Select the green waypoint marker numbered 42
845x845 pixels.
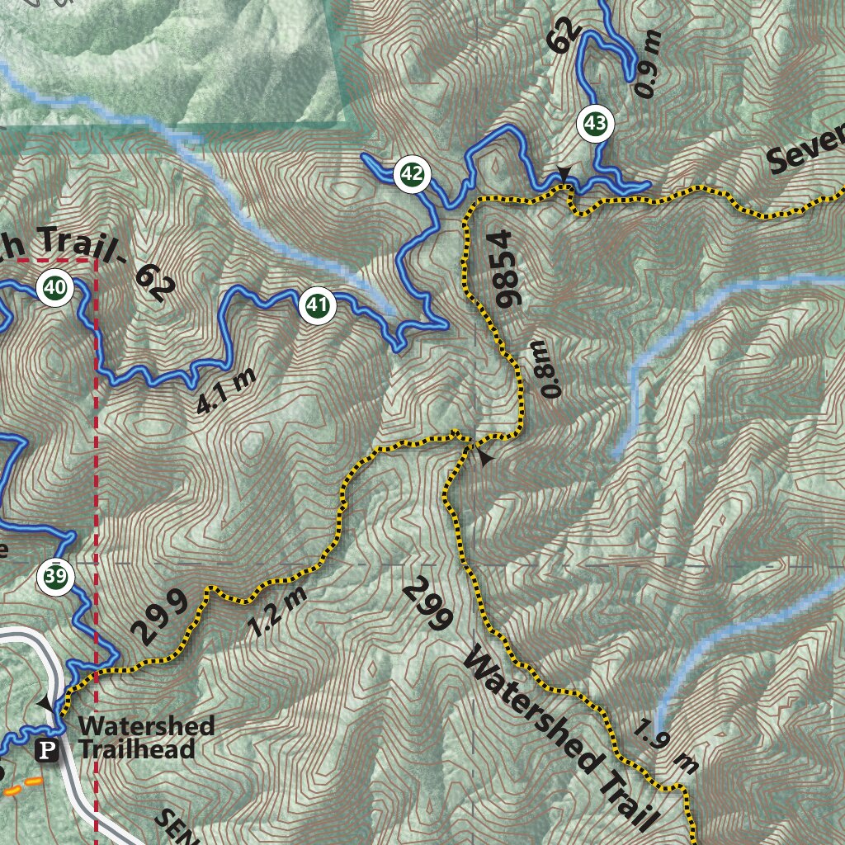(413, 174)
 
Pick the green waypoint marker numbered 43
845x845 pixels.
(596, 124)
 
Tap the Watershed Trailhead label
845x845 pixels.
(147, 738)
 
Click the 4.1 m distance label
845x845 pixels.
(225, 389)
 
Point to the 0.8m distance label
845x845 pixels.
(550, 368)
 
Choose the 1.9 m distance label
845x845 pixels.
(667, 747)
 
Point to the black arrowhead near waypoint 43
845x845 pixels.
(564, 173)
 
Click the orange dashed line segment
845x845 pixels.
(26, 785)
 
